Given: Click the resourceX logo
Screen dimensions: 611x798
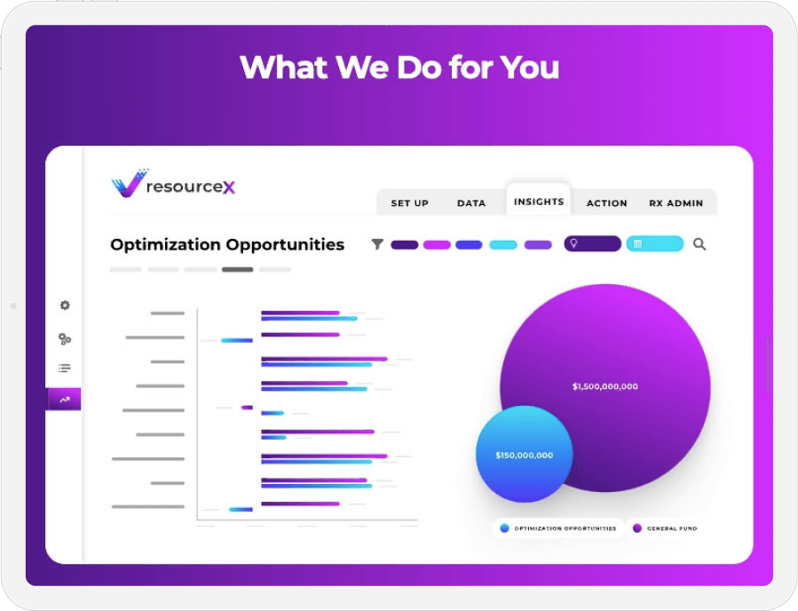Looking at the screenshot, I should click(174, 184).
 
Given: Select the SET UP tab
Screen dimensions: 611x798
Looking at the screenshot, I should click(409, 203).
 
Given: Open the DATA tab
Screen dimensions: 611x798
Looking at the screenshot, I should click(471, 203).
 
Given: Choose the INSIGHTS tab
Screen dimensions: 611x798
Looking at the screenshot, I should click(539, 202).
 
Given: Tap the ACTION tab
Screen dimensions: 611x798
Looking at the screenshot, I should click(607, 203).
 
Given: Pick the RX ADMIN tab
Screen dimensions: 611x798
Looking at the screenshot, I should click(676, 203).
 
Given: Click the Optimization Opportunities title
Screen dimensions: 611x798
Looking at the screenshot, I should click(227, 244).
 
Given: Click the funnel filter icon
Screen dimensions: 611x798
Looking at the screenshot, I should click(377, 244).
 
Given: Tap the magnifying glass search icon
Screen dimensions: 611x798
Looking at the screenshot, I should click(699, 244).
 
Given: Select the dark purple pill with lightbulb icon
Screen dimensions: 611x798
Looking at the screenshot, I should click(592, 243).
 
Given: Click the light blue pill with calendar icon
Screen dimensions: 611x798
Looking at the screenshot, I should click(655, 243).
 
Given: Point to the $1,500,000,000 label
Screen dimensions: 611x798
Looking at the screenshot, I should click(604, 386).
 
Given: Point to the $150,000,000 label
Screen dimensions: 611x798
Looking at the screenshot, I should click(524, 456).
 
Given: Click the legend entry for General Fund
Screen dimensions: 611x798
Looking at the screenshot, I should click(665, 528).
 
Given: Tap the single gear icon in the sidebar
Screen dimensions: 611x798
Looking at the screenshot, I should click(65, 305).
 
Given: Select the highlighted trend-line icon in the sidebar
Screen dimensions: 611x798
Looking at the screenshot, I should click(65, 400).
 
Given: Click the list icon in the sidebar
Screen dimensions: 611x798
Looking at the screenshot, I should click(65, 369).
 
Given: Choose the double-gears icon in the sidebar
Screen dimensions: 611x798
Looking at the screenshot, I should click(65, 338).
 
